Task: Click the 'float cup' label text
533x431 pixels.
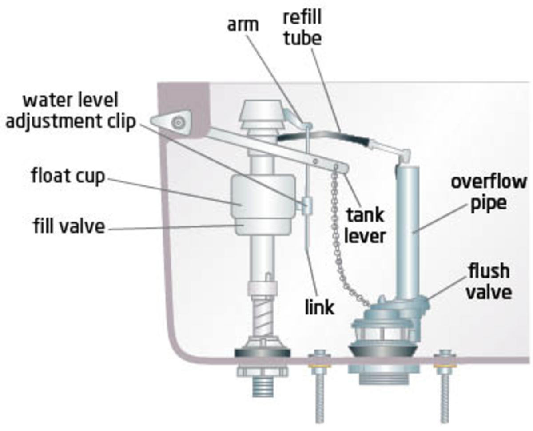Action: click(68, 176)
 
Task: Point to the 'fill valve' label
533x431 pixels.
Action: click(68, 227)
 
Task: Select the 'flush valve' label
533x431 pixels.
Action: click(490, 282)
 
